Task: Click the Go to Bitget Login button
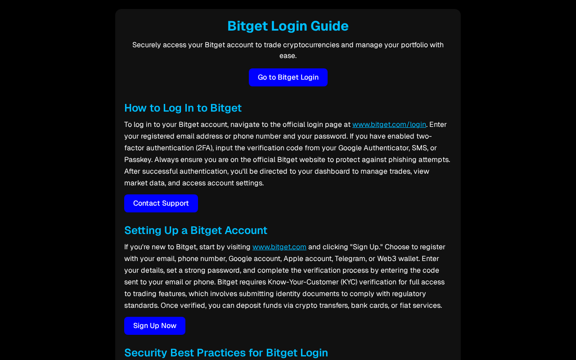(x=288, y=77)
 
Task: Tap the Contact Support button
(x=161, y=203)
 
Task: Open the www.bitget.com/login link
(x=389, y=125)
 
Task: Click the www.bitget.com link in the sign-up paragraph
(x=279, y=247)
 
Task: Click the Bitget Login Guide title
(x=288, y=26)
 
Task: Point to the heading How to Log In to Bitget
(x=183, y=108)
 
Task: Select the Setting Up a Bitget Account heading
(x=195, y=230)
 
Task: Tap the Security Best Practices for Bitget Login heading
(x=226, y=353)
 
